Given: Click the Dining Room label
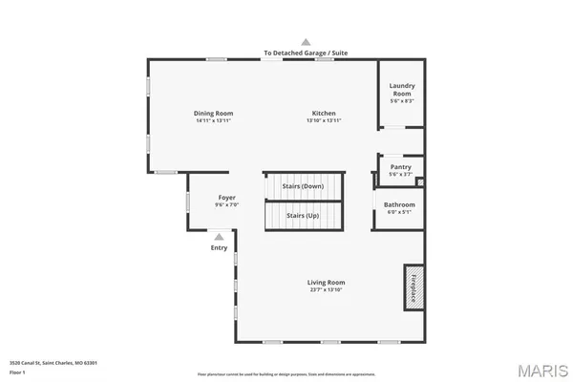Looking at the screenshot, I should (214, 113).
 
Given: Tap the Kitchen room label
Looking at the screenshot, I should (324, 113).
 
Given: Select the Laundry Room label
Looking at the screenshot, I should (401, 90).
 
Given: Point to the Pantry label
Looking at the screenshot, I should (400, 166).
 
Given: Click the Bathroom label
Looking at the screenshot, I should (399, 204).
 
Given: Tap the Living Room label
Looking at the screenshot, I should (326, 282).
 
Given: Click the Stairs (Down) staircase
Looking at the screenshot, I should (302, 186).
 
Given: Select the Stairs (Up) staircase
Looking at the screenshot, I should (303, 216).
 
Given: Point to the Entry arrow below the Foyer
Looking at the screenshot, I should (220, 236).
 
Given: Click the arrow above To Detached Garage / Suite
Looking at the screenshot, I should (306, 42).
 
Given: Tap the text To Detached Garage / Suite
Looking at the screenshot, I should (306, 53).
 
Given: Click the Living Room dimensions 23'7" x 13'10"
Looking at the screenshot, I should (326, 289).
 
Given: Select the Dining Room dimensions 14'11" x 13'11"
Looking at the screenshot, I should (214, 121).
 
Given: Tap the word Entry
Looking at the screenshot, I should (220, 248).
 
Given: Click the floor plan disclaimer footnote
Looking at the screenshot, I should (286, 373).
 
